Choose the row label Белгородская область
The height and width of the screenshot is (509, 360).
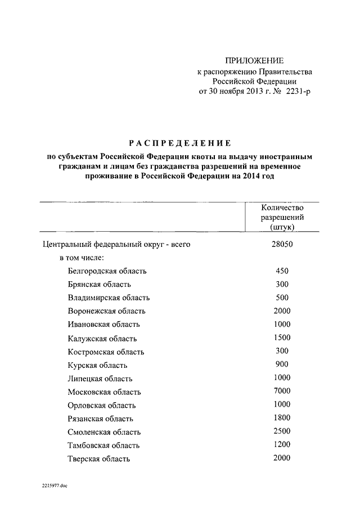(107, 271)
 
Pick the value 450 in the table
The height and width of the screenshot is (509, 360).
(282, 271)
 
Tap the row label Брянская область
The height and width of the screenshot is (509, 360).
(100, 285)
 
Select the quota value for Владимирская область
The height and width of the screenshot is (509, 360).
(282, 298)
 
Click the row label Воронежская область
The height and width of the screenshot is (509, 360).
(106, 311)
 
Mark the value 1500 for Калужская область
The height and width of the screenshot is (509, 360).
(282, 338)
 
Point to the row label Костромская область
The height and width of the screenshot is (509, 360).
(106, 352)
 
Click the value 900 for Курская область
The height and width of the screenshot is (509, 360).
(282, 364)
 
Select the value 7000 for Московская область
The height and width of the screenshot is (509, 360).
(282, 391)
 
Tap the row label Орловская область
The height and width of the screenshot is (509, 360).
(102, 406)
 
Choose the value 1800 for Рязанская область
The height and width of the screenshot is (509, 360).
(282, 418)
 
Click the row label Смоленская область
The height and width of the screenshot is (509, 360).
(104, 433)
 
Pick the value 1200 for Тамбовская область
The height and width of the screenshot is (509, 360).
(282, 445)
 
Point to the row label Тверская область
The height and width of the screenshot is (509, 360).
(98, 459)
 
